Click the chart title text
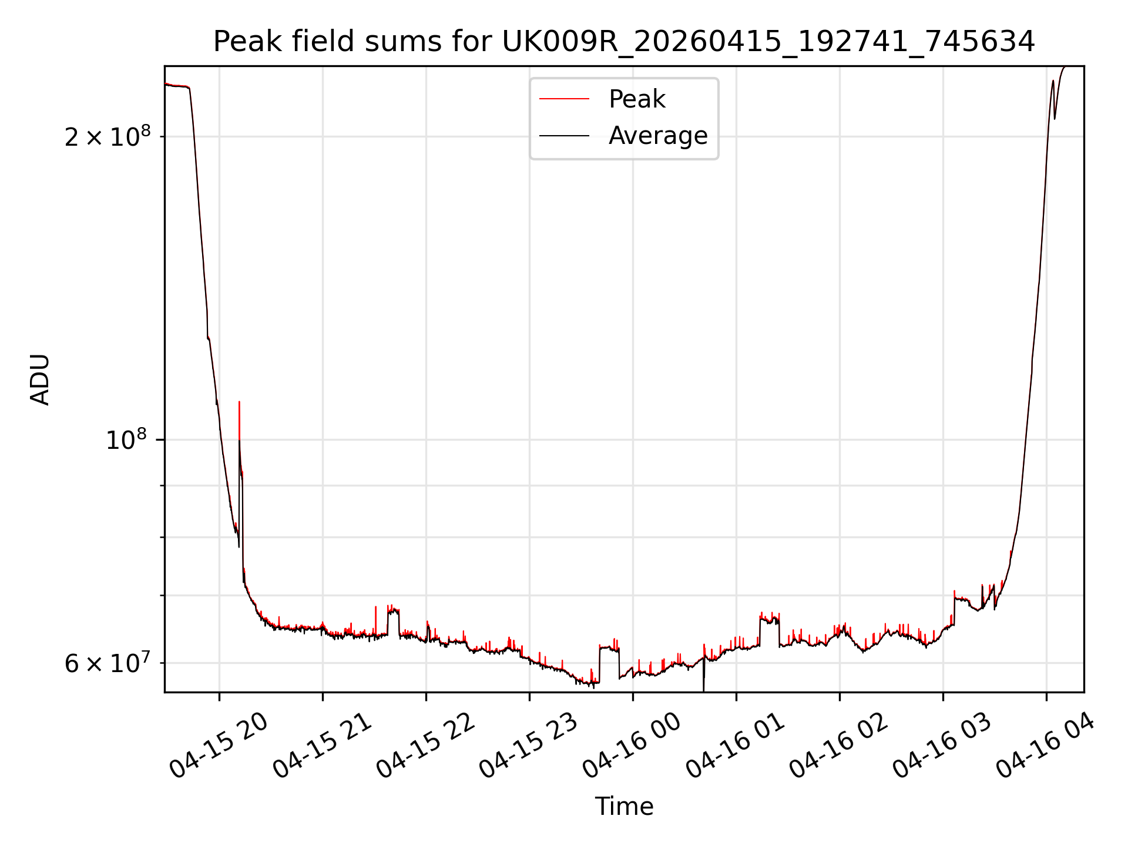tap(624, 42)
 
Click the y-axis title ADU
tap(40, 380)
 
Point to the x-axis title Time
tap(624, 807)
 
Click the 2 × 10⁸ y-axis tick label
tap(108, 136)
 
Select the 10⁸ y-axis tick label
tap(126, 439)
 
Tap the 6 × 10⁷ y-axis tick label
tap(108, 663)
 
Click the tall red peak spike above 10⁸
tap(239, 420)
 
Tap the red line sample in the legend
tap(564, 99)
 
